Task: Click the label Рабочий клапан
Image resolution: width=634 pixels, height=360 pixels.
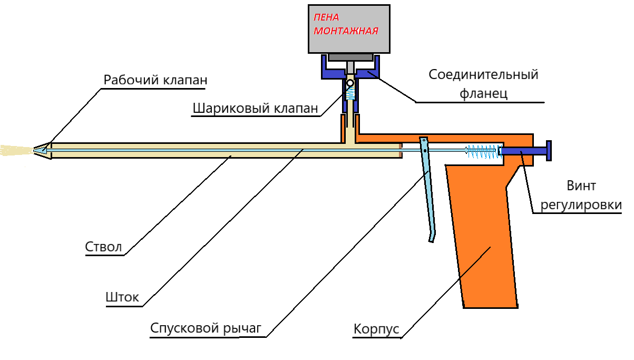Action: pos(155,81)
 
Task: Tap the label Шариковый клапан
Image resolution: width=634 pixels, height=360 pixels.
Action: pos(255,109)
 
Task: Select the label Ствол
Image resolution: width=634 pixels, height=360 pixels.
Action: pos(103,247)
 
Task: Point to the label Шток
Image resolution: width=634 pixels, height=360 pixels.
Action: pos(122,297)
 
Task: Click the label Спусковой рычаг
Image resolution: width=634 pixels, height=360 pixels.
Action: pos(206,328)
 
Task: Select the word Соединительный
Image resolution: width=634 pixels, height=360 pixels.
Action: pos(483,74)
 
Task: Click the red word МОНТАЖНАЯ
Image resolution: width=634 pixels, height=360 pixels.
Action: pos(346,31)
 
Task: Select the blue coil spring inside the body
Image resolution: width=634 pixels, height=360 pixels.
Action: pos(483,152)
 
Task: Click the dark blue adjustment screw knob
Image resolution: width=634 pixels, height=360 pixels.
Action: pos(548,151)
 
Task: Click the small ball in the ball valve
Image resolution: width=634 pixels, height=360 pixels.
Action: pos(349,83)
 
